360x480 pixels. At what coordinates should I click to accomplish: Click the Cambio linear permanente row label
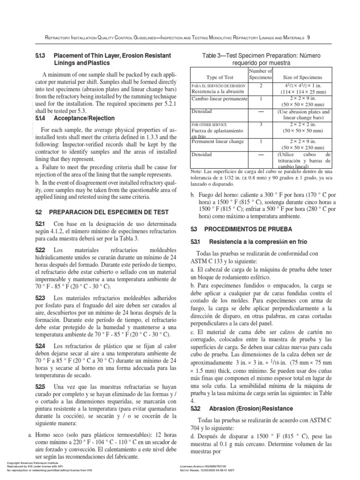point(219,100)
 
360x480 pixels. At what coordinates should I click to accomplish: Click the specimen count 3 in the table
point(260,125)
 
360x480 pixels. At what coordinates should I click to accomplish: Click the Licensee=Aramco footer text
point(203,466)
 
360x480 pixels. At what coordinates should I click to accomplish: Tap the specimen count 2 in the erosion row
point(260,86)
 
